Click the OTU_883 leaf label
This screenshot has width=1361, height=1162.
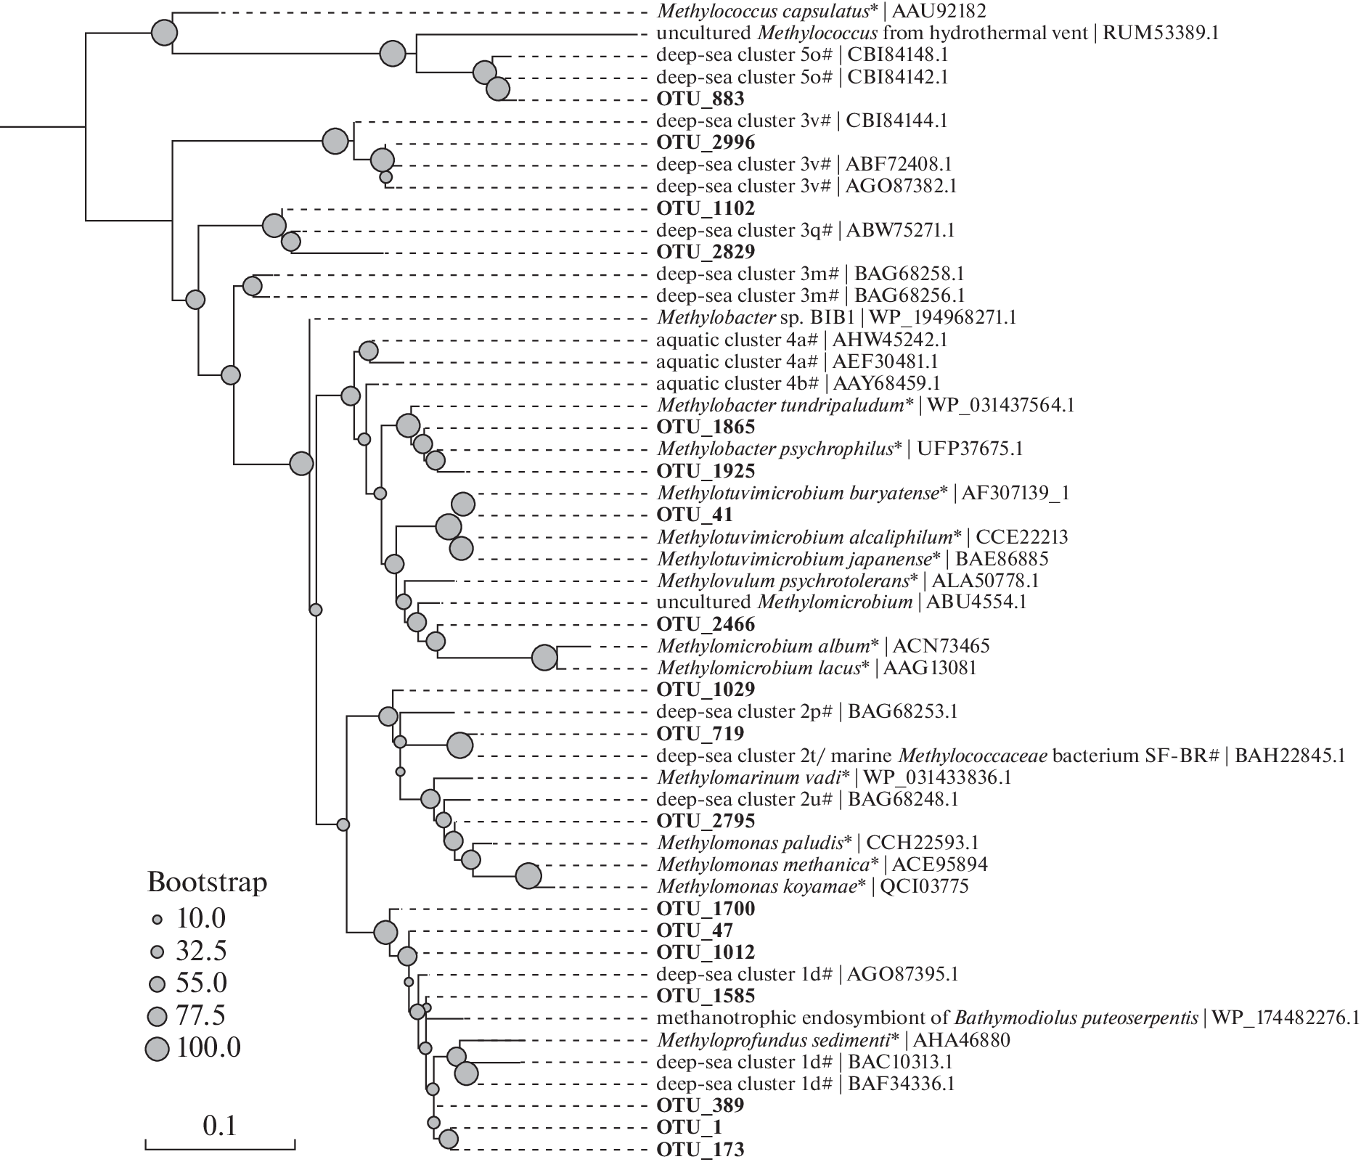(690, 99)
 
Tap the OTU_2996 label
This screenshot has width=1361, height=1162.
(695, 142)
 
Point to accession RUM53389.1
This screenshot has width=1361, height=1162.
(1161, 33)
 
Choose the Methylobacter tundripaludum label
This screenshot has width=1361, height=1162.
(784, 405)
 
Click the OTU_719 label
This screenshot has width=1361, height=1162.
(690, 733)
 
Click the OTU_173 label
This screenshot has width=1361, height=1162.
(690, 1150)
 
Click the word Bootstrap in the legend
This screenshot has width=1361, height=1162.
(207, 883)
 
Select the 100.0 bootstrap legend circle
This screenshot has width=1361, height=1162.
(157, 1049)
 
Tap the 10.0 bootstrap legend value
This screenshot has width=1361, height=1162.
(201, 919)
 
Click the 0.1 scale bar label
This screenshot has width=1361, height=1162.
(220, 1126)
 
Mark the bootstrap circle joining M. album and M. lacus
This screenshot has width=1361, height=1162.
(544, 658)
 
